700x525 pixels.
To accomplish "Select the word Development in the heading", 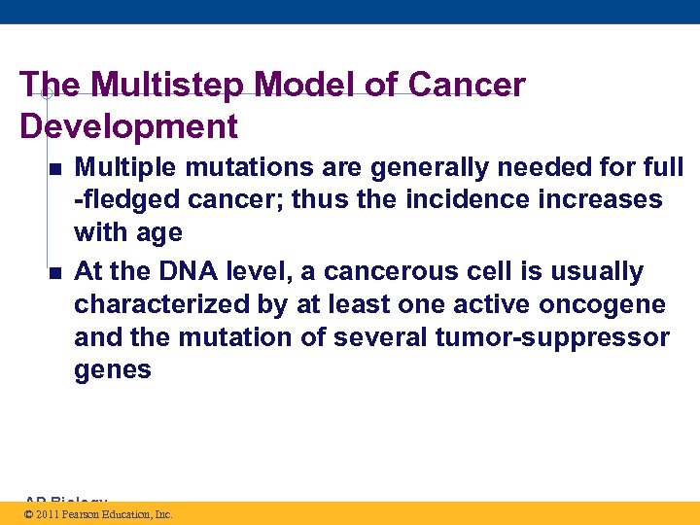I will point(128,126).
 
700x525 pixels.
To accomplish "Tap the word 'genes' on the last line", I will point(113,370).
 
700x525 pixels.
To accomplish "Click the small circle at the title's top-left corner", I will point(46,93).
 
